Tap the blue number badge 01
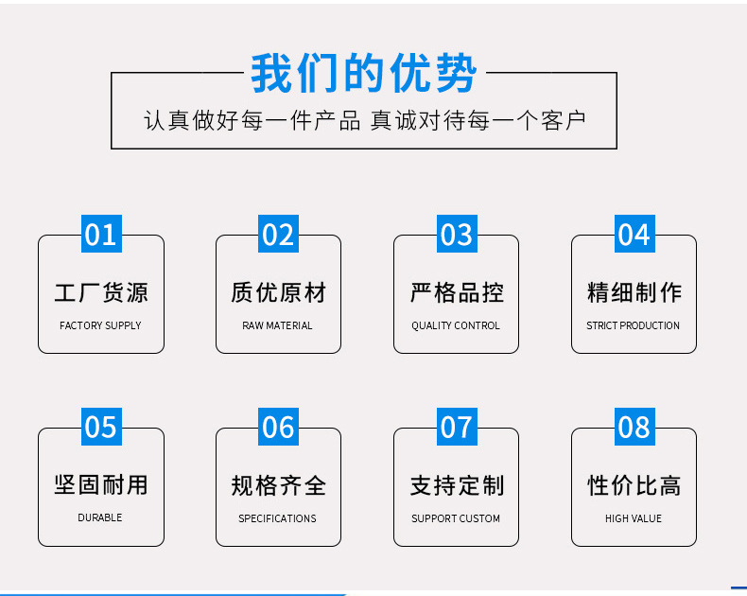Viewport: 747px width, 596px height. coord(101,235)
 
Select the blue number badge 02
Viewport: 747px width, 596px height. coord(279,235)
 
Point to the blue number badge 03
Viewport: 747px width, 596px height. coord(457,235)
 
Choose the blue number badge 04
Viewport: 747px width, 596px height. coord(634,235)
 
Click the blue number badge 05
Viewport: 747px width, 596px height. coord(101,428)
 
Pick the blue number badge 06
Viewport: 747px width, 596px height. coord(279,428)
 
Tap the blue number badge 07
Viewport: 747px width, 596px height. coord(457,428)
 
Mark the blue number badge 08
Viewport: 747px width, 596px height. coord(634,428)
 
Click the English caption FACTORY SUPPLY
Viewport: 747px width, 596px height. coord(100,325)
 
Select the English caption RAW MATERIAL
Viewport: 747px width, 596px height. coord(278,325)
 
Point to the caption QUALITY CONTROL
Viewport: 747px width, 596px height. coord(456,325)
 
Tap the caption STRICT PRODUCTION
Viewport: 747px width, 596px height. coord(634,325)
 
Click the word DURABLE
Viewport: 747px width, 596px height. coord(100,518)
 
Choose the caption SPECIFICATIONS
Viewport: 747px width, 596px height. coord(278,518)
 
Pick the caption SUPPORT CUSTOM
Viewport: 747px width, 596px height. coord(456,518)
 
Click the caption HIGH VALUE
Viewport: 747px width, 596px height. coord(634,518)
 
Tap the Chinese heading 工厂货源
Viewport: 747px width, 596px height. coord(101,292)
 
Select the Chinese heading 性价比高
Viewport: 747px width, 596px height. coord(634,485)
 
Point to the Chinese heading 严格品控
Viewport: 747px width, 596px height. coord(457,292)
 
